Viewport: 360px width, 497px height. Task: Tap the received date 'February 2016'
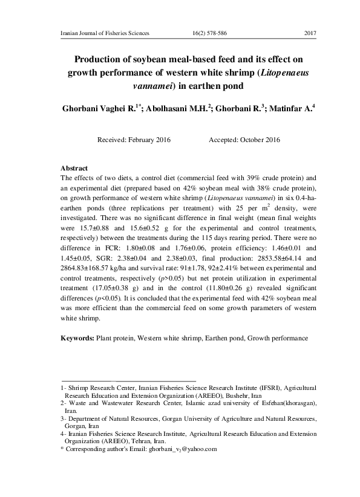[x=149, y=140]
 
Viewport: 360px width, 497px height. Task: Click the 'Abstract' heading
[x=74, y=167]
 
